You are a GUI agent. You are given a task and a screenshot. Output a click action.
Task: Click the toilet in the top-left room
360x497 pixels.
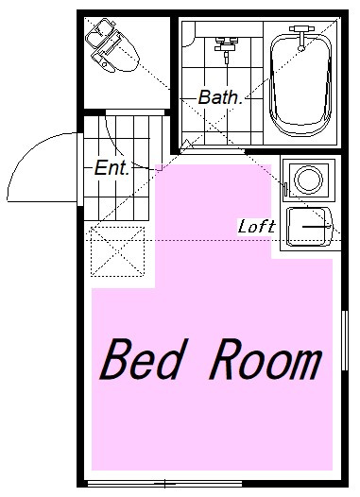coord(112,46)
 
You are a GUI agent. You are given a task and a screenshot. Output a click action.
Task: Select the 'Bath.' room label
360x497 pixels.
coord(220,97)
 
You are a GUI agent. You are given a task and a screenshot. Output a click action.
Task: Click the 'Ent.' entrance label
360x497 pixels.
coord(112,167)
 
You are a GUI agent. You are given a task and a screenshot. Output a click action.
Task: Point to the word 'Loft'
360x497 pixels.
coord(257,227)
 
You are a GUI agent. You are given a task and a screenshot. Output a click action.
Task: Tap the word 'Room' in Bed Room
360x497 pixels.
coord(266,359)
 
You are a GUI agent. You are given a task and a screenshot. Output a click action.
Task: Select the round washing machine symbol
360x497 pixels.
coord(308,180)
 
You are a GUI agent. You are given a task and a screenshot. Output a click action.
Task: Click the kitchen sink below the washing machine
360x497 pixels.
coord(309,227)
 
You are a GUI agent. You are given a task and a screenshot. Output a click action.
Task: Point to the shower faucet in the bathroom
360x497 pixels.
coord(226,47)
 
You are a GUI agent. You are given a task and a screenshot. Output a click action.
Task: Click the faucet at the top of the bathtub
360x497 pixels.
coord(301,38)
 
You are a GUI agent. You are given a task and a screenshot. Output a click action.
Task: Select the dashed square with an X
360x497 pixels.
coord(117,251)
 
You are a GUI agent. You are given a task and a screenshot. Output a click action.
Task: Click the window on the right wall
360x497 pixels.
coord(345,340)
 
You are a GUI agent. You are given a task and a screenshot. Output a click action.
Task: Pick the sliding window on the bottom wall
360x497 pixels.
coord(164,484)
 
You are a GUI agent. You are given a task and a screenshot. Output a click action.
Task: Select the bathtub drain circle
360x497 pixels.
coord(301,48)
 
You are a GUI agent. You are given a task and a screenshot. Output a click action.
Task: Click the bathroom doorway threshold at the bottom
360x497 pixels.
coord(213,151)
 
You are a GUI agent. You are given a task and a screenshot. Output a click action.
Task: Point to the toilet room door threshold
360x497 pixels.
coord(135,112)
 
